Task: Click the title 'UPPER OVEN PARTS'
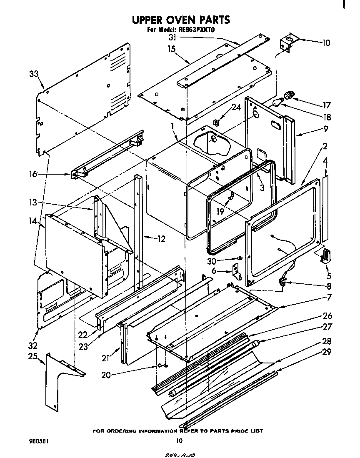pos(180,20)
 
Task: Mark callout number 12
pos(161,239)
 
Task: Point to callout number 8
pos(329,286)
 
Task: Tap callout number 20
pos(106,374)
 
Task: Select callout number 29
pos(327,352)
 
